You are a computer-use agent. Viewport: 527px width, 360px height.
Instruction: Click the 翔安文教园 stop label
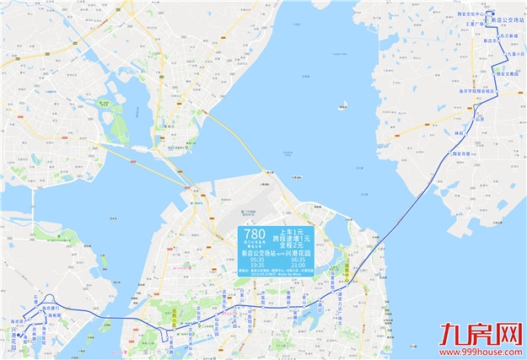(x=505, y=73)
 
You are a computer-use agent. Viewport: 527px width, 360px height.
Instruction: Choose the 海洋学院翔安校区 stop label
(x=476, y=90)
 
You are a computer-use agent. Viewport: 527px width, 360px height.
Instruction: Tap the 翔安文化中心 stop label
(x=473, y=14)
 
